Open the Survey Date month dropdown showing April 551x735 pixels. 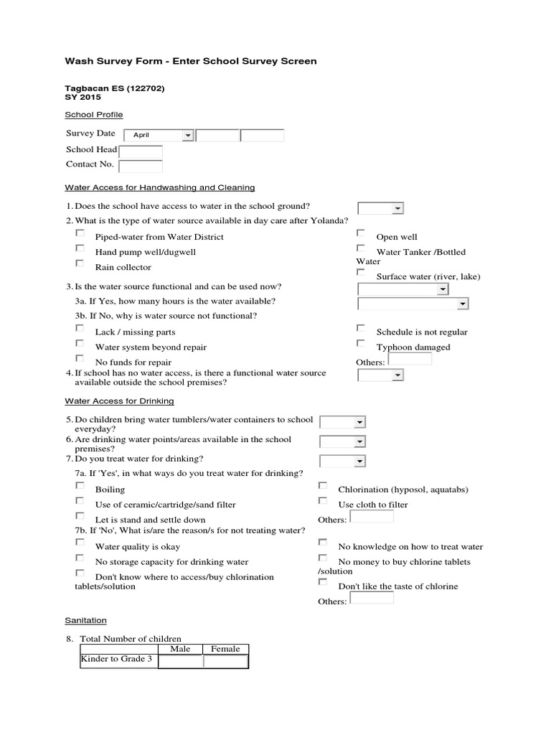pos(159,135)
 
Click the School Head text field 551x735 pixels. pos(141,151)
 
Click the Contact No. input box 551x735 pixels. pos(141,166)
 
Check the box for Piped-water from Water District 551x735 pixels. pos(80,234)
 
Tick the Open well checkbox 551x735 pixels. pos(361,234)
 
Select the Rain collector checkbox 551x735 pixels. pos(80,264)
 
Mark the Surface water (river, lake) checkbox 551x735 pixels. pos(361,273)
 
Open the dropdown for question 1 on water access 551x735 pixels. pos(381,208)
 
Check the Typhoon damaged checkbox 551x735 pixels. pos(361,344)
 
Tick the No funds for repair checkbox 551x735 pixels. pos(80,359)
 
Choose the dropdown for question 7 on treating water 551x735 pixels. pos(343,461)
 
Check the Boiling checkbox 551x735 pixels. pos(80,487)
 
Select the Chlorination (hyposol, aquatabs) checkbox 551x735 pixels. pos(323,487)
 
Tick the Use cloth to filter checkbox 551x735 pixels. pos(323,502)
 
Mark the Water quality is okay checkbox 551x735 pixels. pos(80,543)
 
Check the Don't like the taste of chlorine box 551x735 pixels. pos(323,583)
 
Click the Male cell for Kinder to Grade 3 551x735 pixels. pos(180,661)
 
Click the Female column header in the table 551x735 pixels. pos(225,649)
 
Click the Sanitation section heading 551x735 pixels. pos(85,620)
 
